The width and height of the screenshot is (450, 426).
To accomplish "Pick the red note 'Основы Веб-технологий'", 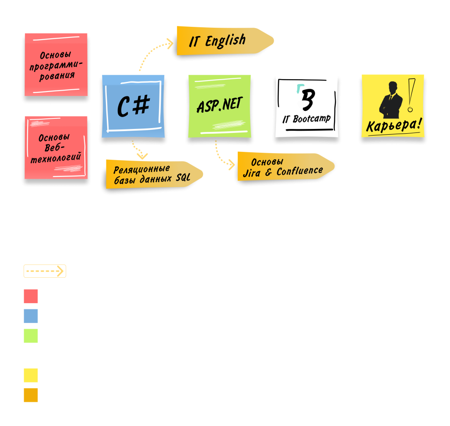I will (x=56, y=147).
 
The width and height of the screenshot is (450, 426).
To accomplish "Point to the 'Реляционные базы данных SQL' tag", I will (x=152, y=173).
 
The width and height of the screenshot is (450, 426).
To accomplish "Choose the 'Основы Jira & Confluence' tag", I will (x=283, y=167).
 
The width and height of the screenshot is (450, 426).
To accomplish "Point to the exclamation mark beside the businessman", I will (x=411, y=95).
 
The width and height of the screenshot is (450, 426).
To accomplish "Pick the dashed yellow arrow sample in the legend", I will (x=45, y=271).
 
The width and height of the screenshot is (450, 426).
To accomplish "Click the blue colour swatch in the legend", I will (x=31, y=316).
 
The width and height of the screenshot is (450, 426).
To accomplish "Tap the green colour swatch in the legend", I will (x=31, y=336).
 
